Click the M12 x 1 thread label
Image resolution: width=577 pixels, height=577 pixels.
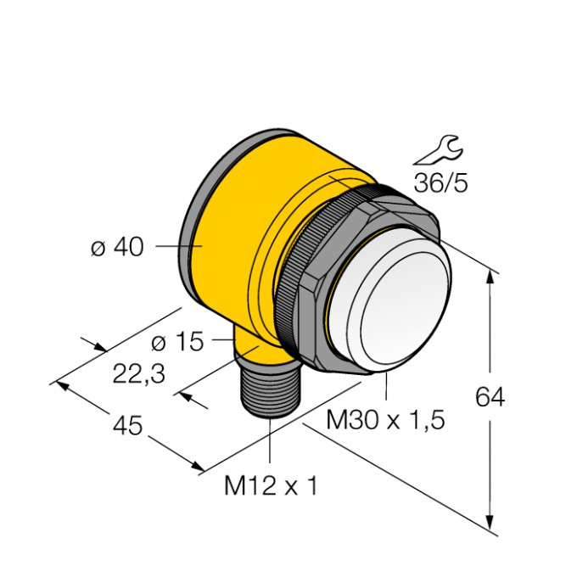pos(270,487)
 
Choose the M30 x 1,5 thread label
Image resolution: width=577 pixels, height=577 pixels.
pos(386,420)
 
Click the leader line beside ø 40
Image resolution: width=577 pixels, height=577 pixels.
pos(175,247)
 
